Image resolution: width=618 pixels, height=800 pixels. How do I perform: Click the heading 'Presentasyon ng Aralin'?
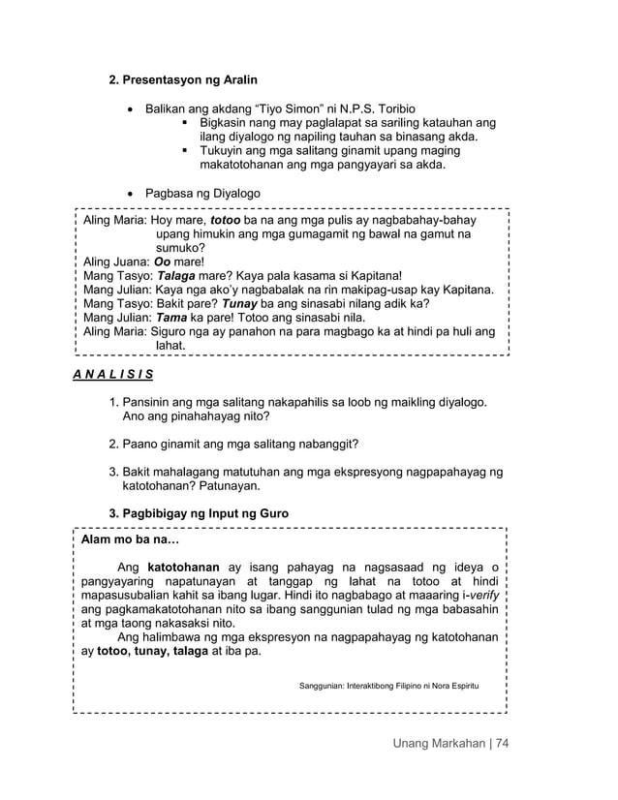click(x=190, y=77)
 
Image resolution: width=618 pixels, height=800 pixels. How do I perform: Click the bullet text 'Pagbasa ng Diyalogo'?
click(x=201, y=193)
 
